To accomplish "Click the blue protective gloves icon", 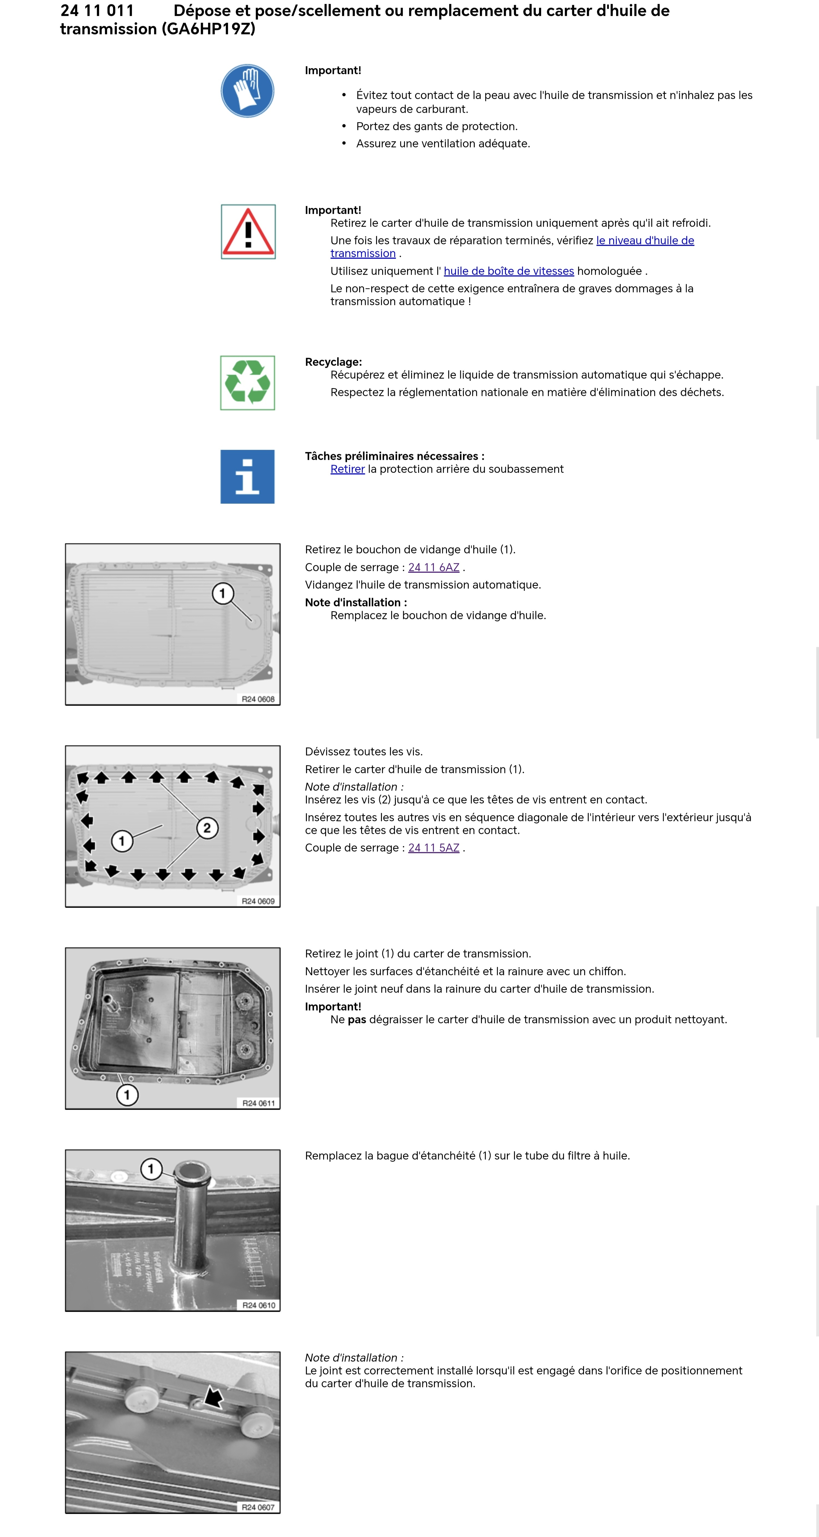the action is (248, 91).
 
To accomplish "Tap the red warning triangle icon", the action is (248, 232).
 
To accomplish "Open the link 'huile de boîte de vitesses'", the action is (509, 271).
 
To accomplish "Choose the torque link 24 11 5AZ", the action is (434, 848).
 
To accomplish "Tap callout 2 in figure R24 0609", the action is (207, 828).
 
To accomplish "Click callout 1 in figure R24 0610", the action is (151, 1168).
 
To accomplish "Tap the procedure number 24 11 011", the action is (97, 11).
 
